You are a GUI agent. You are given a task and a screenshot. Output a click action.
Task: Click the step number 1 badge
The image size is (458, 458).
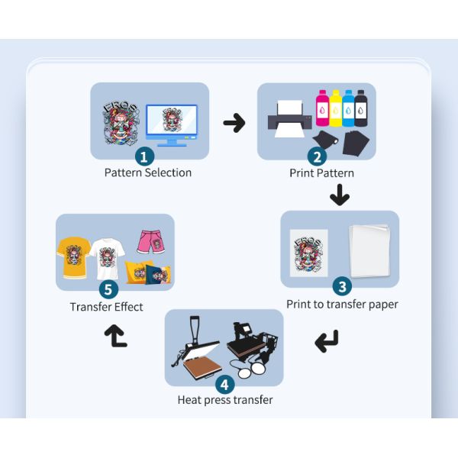click(x=144, y=156)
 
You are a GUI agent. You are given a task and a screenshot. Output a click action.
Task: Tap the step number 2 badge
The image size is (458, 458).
click(x=317, y=156)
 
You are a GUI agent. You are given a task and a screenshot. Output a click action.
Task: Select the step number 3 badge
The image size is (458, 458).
click(x=342, y=286)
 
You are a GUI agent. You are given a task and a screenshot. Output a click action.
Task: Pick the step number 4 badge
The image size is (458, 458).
click(x=225, y=385)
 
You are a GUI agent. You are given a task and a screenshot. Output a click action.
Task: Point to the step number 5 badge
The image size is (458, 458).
click(x=108, y=289)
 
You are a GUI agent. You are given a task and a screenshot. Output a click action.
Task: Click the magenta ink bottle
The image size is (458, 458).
click(x=322, y=108)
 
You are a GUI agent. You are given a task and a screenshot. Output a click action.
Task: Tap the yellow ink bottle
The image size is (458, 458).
click(x=335, y=108)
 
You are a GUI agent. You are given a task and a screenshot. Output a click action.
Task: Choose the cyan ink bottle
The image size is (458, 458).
click(x=348, y=108)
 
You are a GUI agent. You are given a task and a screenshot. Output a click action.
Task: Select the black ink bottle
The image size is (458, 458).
click(x=361, y=108)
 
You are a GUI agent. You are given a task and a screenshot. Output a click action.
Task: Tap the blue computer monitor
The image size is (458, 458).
click(x=172, y=125)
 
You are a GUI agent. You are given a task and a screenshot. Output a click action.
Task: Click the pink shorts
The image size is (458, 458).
click(x=151, y=241)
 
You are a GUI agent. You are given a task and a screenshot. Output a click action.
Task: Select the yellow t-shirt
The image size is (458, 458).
click(x=73, y=257)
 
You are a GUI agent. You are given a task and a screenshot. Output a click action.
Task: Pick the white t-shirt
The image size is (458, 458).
click(x=107, y=259)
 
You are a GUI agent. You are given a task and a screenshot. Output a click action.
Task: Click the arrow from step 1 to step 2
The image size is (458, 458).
click(x=234, y=123)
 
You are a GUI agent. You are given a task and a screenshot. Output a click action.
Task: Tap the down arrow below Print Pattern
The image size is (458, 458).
click(x=340, y=195)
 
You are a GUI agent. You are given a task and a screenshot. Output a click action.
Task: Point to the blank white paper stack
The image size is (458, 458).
click(x=369, y=250)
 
